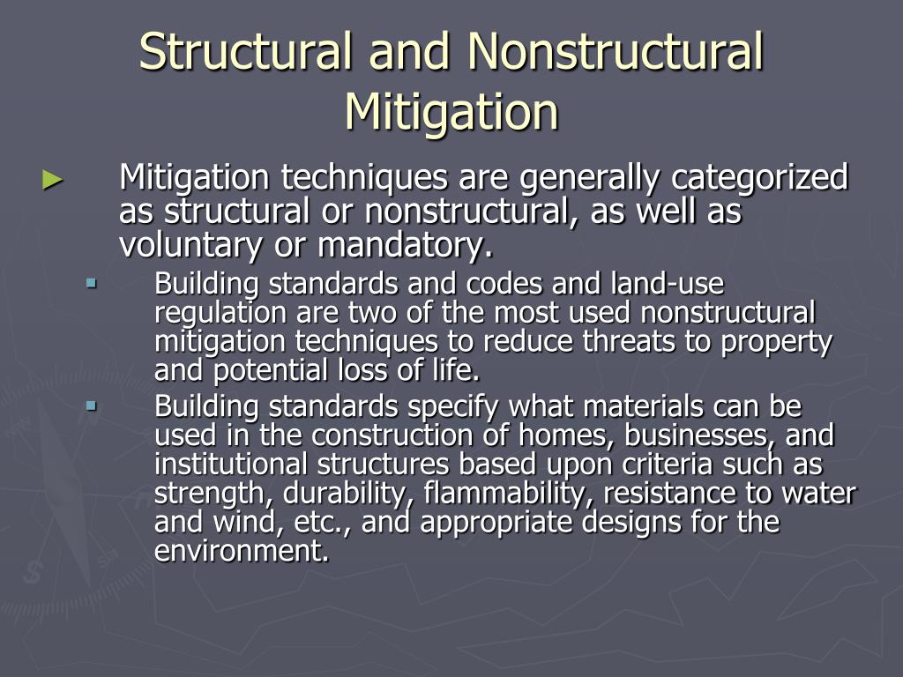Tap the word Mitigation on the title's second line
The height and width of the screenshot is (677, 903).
tap(451, 112)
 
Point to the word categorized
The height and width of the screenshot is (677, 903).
tap(760, 178)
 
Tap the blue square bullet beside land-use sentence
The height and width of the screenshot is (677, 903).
tap(91, 284)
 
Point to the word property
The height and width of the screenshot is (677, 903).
tap(777, 342)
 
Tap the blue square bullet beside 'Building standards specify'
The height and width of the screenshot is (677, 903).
tap(91, 406)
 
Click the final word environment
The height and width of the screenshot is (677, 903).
tap(240, 552)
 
